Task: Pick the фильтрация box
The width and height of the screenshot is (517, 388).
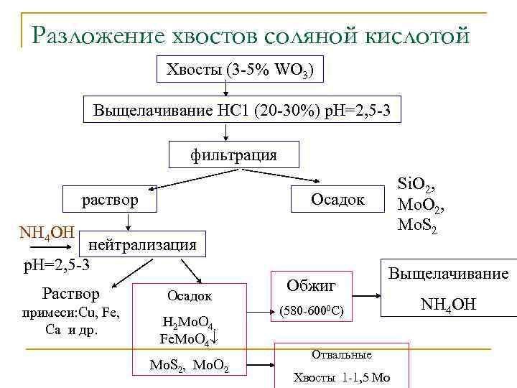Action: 233,154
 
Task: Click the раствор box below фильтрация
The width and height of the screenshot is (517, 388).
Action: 109,199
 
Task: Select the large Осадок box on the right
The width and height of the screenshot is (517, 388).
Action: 337,198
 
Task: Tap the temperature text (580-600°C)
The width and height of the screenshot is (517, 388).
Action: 311,311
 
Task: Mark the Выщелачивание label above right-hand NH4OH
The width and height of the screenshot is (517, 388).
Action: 448,273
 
